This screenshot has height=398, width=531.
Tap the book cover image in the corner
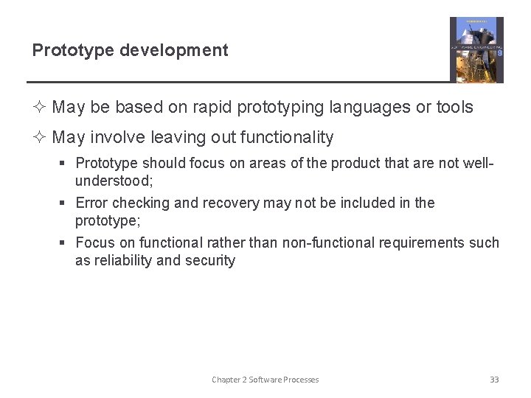(476, 49)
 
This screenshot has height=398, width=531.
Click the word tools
(454, 107)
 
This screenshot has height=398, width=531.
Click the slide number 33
(494, 380)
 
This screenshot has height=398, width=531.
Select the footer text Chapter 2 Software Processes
(265, 380)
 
